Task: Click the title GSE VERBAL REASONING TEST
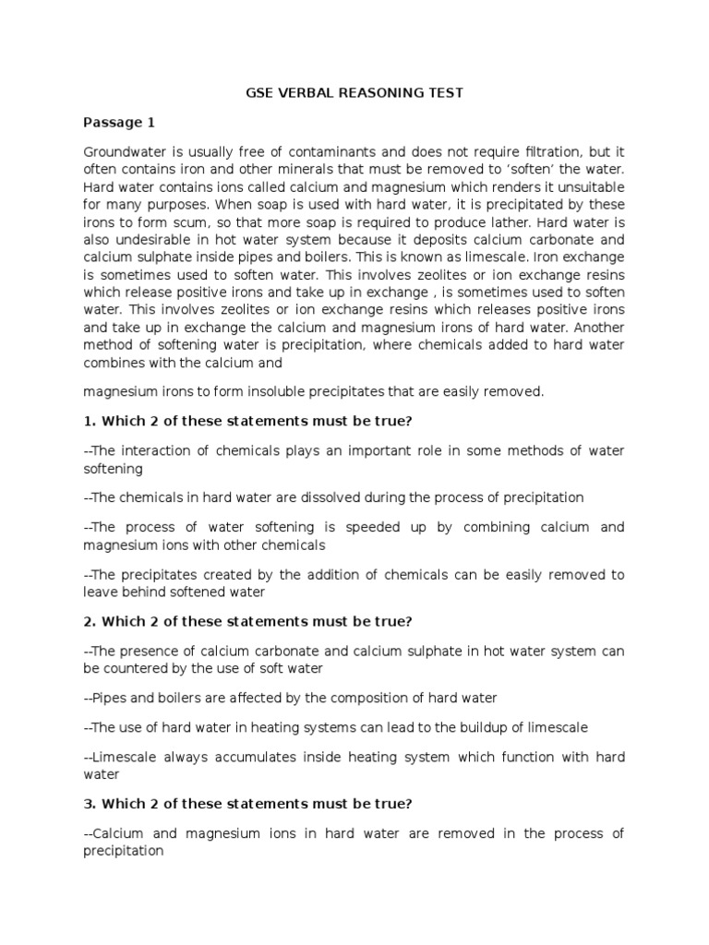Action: tap(354, 92)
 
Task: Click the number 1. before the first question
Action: tap(90, 421)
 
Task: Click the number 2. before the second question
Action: tap(90, 622)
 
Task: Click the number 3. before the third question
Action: tap(90, 805)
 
